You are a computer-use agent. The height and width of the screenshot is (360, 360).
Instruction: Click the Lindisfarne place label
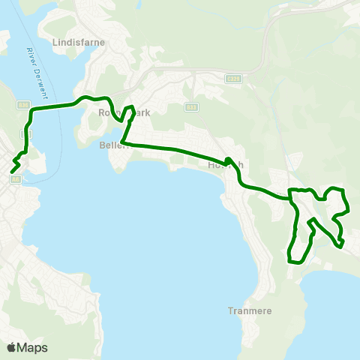pyautogui.click(x=78, y=43)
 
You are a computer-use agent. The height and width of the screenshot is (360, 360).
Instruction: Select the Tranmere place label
pyautogui.click(x=249, y=310)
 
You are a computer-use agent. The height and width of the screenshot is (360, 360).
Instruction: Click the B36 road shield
pyautogui.click(x=25, y=106)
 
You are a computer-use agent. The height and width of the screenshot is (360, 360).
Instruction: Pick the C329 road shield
pyautogui.click(x=233, y=78)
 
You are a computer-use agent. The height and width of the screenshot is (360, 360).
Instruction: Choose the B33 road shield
pyautogui.click(x=191, y=106)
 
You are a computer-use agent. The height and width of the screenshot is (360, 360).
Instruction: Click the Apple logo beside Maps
pyautogui.click(x=11, y=347)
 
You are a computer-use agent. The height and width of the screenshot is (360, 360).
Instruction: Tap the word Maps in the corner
pyautogui.click(x=32, y=347)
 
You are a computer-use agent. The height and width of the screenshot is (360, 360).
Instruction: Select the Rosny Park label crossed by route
pyautogui.click(x=124, y=113)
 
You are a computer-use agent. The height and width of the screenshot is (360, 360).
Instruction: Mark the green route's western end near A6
pyautogui.click(x=11, y=172)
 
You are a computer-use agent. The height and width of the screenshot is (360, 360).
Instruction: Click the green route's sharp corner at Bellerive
pyautogui.click(x=122, y=142)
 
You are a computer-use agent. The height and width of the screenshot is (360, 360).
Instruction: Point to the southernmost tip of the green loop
pyautogui.click(x=295, y=262)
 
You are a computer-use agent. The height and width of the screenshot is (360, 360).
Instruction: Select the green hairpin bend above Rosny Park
pyautogui.click(x=132, y=106)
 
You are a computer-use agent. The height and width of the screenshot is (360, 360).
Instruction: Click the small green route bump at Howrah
pyautogui.click(x=227, y=160)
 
